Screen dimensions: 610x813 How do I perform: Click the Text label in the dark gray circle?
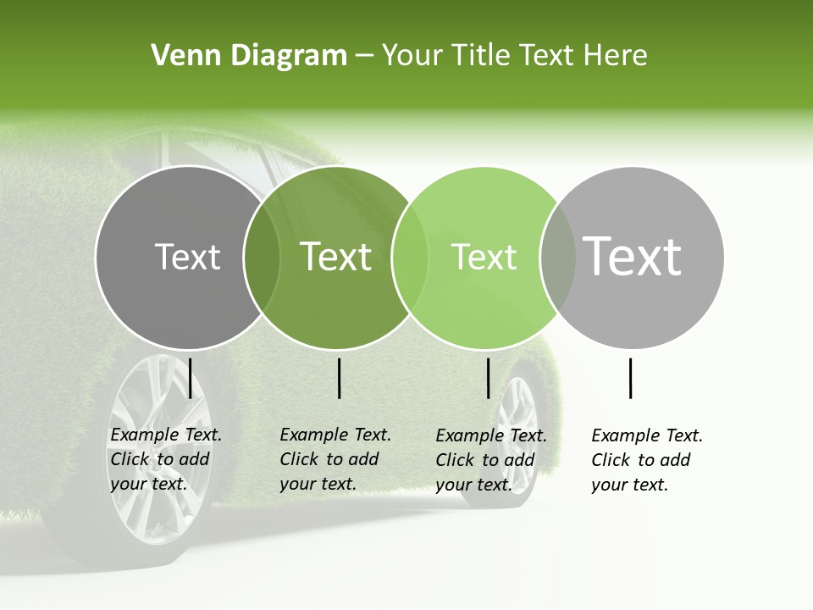(x=187, y=257)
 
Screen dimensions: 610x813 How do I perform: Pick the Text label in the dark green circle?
(x=336, y=257)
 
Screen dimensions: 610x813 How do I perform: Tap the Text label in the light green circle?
(x=484, y=257)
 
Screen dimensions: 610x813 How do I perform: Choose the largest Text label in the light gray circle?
(x=633, y=256)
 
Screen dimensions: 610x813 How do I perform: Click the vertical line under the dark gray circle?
(x=191, y=378)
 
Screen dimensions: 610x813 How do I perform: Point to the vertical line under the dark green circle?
(x=340, y=378)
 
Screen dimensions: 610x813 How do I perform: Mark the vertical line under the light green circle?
(x=489, y=378)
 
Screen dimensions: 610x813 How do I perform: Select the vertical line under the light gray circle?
(x=631, y=378)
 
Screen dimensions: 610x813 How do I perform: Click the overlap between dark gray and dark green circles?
(x=262, y=258)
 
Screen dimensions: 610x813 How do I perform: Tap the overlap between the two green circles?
(x=410, y=258)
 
